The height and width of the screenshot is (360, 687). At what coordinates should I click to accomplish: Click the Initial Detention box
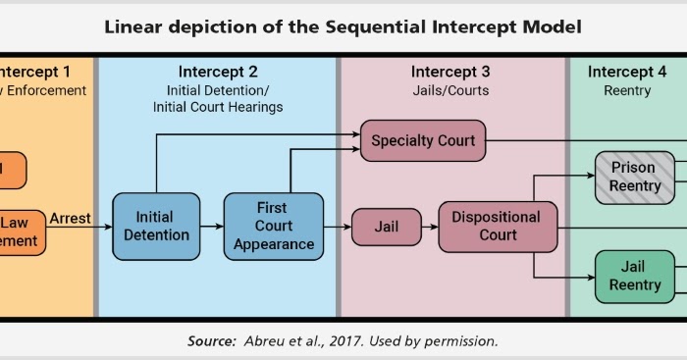156,226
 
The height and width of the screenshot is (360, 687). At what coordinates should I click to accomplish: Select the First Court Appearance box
272,226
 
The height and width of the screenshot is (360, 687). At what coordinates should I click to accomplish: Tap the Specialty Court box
423,140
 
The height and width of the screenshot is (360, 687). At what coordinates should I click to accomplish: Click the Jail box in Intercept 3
385,227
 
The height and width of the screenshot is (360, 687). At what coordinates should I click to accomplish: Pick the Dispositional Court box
498,226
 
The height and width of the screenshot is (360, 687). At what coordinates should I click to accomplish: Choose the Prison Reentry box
634,177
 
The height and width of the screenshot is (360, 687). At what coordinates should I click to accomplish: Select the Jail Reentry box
634,276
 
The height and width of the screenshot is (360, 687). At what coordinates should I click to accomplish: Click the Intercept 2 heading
219,72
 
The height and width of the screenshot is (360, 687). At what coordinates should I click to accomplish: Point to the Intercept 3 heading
450,72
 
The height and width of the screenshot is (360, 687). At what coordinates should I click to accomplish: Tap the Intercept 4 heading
627,72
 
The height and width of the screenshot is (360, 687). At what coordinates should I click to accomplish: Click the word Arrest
70,218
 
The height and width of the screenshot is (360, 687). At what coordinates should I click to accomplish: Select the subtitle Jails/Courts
450,90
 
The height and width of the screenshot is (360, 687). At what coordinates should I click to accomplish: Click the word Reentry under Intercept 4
627,90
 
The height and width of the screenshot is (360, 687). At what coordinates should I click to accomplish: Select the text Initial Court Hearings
218,107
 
